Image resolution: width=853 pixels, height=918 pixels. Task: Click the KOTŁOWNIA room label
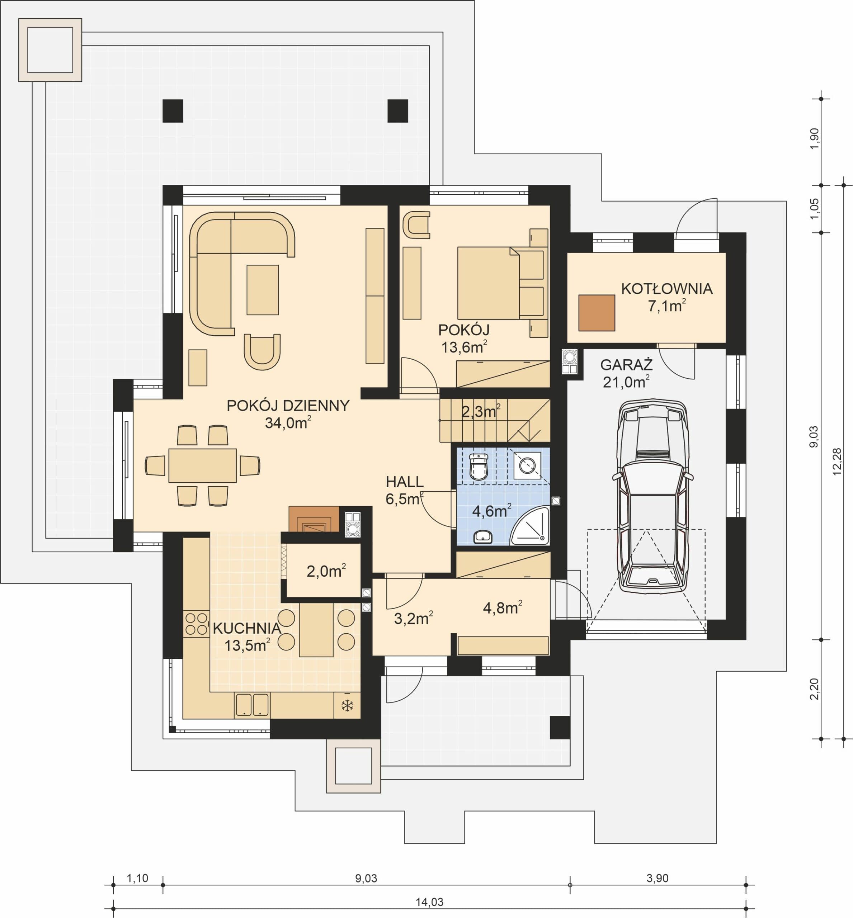(x=666, y=289)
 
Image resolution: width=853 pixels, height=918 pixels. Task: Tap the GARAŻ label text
(x=626, y=365)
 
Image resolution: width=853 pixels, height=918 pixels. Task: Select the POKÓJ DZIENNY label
(x=288, y=405)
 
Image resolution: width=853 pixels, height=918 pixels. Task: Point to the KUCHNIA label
(x=247, y=628)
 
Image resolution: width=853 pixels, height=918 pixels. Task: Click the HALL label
(x=405, y=482)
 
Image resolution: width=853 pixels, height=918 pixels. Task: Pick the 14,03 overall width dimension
(x=429, y=902)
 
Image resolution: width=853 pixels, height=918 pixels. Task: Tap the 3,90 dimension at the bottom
(x=657, y=878)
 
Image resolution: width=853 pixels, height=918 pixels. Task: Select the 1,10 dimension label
(x=137, y=878)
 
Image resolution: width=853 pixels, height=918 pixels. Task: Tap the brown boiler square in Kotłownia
(x=597, y=313)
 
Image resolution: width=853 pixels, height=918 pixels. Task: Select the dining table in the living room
(x=203, y=465)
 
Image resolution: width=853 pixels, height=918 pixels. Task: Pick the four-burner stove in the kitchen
(x=196, y=624)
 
